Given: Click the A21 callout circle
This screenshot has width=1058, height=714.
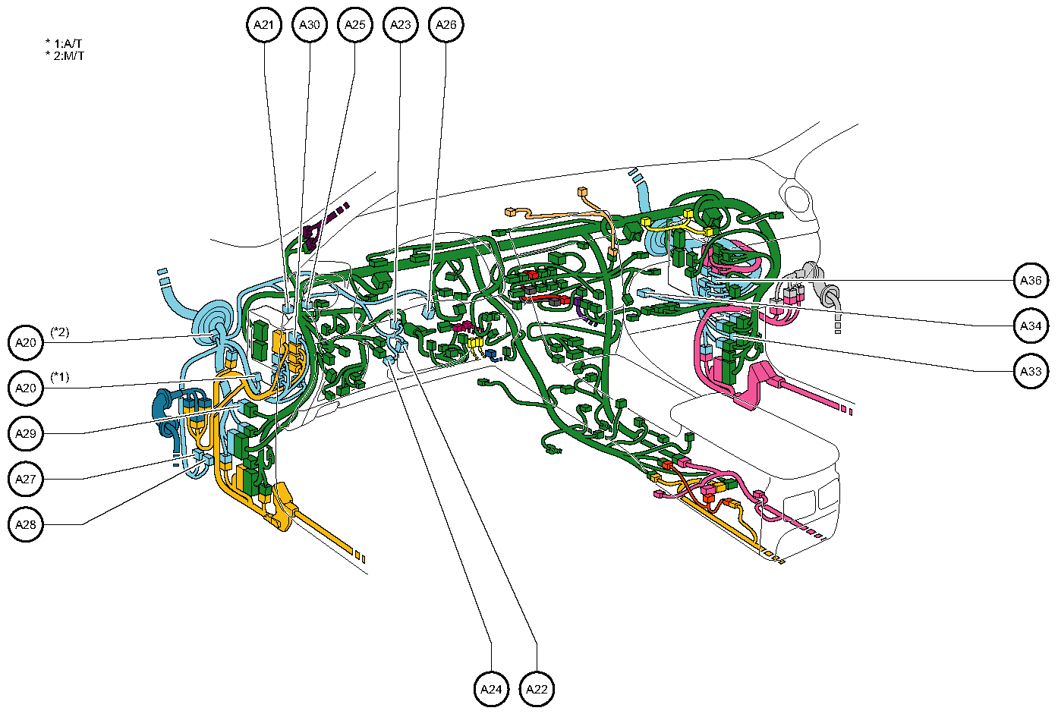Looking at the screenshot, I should coord(263,25).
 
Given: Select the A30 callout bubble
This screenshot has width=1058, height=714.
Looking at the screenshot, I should coord(309,25).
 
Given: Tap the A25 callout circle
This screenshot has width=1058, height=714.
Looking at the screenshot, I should coord(354,25).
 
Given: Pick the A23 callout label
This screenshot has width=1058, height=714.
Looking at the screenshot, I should coord(400,25).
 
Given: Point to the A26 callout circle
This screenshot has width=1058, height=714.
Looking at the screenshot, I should coord(446,25).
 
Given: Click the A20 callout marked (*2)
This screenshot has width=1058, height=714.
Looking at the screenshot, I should coord(27,343).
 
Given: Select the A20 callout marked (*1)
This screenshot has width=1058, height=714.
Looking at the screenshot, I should coord(27,388).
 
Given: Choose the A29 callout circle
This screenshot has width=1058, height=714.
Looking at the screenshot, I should coord(27,434).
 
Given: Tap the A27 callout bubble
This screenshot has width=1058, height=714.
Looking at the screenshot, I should coord(27,480).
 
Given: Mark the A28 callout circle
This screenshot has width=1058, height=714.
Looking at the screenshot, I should coord(27,525).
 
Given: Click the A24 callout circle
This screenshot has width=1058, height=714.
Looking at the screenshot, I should coord(491,689).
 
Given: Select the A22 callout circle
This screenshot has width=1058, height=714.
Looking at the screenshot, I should coord(537,689).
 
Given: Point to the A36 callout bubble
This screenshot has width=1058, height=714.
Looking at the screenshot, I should coord(1031,281).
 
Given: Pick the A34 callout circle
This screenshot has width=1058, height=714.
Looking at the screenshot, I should coord(1031,326).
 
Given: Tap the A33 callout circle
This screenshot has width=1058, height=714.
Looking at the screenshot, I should coord(1031,372).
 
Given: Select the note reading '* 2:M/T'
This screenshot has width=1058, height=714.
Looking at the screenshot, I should coord(65,56).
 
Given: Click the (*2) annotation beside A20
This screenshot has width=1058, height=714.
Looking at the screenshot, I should coord(60,332).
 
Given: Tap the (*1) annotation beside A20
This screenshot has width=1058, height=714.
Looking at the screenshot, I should coord(60,377).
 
